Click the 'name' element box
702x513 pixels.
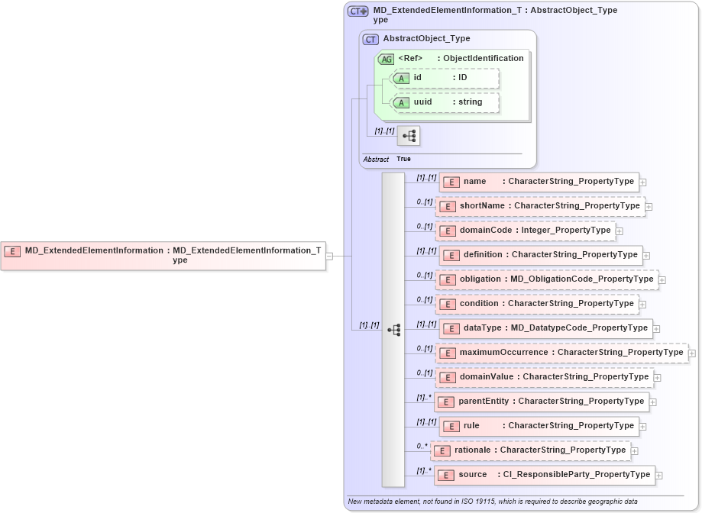[539, 182]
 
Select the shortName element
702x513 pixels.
[540, 206]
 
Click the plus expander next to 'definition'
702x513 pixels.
[646, 256]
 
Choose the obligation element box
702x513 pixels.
[547, 279]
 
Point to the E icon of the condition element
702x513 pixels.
[448, 304]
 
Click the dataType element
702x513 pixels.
[545, 328]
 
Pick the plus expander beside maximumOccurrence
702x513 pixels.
[691, 353]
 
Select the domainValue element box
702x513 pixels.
[545, 377]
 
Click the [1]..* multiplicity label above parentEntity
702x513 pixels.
[424, 397]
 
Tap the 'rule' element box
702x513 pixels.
[539, 426]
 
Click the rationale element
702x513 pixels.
[531, 450]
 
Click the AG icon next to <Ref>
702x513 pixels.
[386, 59]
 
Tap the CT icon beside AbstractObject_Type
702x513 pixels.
[370, 39]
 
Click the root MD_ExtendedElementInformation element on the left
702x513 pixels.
[163, 255]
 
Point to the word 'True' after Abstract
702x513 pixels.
[403, 159]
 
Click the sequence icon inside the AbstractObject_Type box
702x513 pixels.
[409, 137]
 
